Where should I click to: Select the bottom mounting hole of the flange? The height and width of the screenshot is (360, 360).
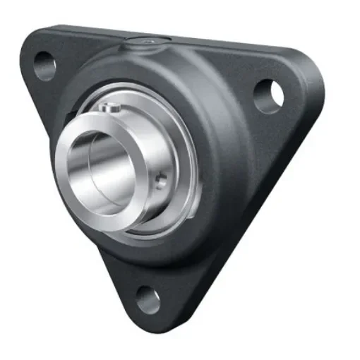coord(148,300)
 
